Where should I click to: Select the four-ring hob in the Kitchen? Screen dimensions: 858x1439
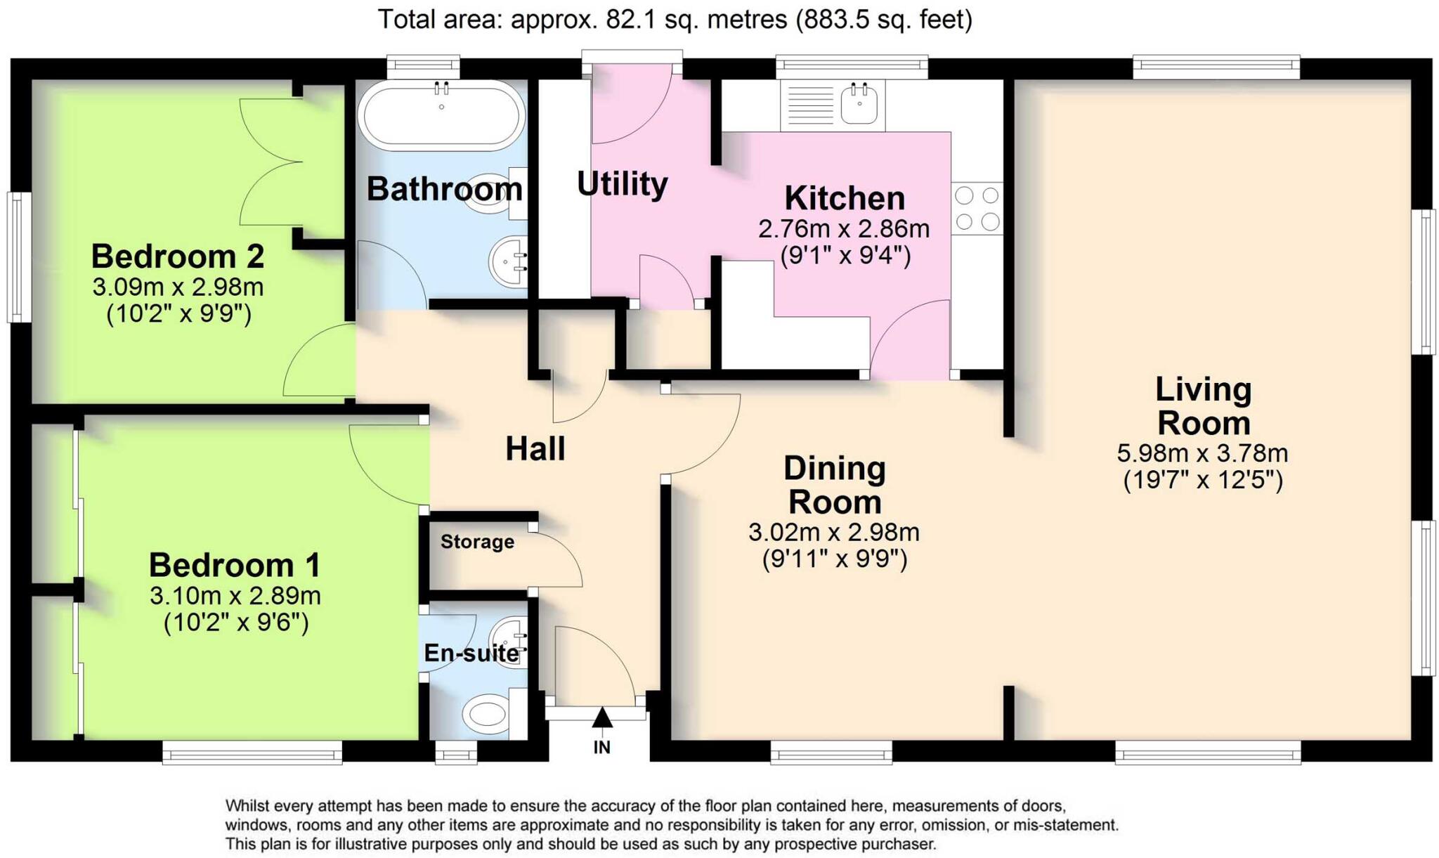[x=977, y=208]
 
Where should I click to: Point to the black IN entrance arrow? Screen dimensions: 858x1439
[x=602, y=718]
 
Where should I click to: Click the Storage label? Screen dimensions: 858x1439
[x=477, y=542]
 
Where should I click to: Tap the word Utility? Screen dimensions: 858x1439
[x=622, y=184]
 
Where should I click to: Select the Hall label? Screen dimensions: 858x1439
[x=535, y=448]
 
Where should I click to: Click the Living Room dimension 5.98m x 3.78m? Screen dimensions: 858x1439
[x=1202, y=453]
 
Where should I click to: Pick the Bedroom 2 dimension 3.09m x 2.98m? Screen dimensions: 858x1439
[x=178, y=287]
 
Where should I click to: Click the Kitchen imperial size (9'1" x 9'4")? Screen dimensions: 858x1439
[x=845, y=255]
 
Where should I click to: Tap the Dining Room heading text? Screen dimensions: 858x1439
[x=834, y=485]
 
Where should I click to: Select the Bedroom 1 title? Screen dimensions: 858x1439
[x=234, y=565]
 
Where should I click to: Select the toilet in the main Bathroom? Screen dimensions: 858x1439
[x=490, y=197]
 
